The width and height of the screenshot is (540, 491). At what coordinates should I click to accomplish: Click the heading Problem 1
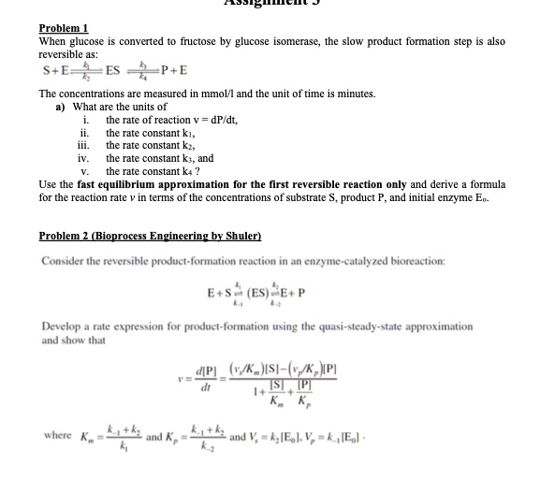tap(62, 30)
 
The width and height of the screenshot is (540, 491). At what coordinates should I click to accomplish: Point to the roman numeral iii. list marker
tap(82, 146)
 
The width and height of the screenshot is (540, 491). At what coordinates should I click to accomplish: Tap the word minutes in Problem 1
tap(355, 94)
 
